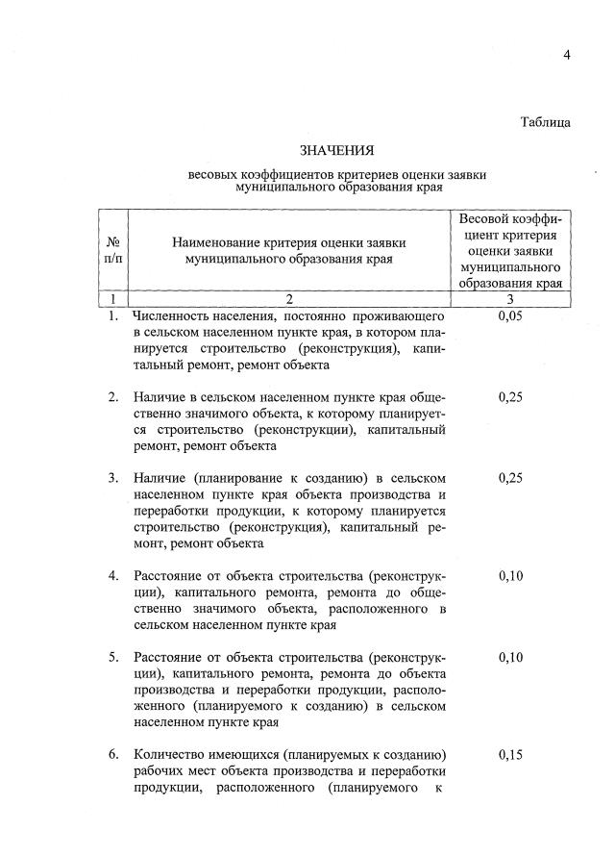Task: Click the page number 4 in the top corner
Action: coord(567,55)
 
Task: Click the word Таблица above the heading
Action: coord(545,122)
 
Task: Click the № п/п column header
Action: coord(113,250)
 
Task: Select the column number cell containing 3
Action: coord(510,299)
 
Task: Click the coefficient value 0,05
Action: coord(510,316)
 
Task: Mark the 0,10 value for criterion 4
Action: coord(510,576)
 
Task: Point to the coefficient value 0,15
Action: coord(510,755)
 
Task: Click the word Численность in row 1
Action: coord(172,316)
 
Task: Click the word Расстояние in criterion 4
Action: coord(169,576)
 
